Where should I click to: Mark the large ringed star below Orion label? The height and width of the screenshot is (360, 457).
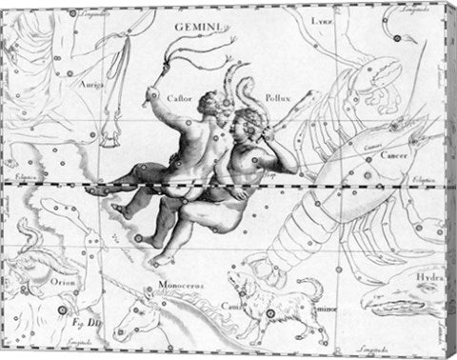pyautogui.click(x=65, y=307)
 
